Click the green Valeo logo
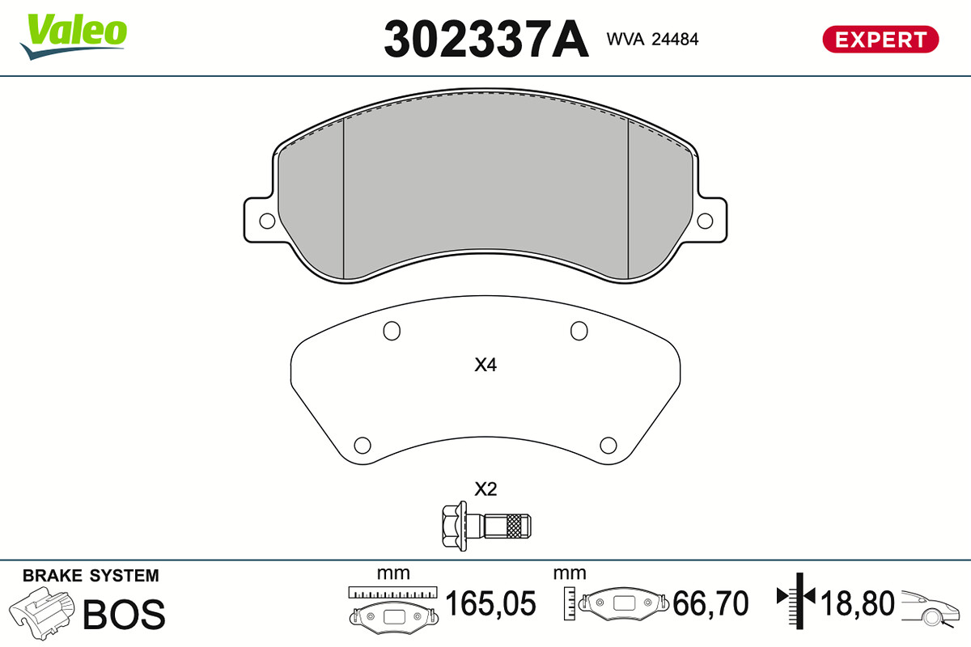tap(74, 36)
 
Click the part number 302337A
tap(486, 39)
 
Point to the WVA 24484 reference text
tap(652, 40)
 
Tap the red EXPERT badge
tap(880, 40)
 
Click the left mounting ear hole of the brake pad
tap(267, 221)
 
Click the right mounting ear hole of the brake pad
tap(705, 221)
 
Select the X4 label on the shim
tap(485, 365)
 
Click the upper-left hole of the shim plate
tap(392, 331)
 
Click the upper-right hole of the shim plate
tap(579, 331)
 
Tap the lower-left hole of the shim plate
tap(363, 445)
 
